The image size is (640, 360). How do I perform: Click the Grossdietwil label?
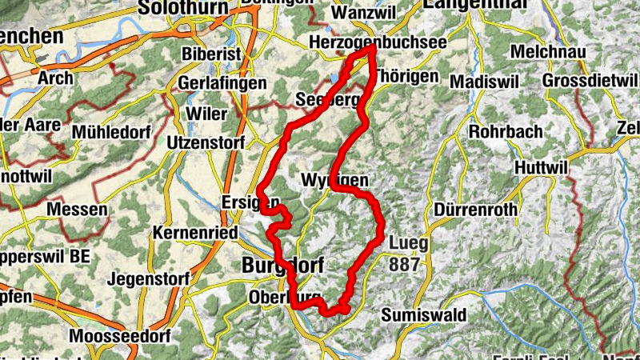(x=588, y=81)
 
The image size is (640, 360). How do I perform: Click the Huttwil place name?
(x=541, y=169)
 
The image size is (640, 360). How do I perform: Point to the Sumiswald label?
(x=421, y=314)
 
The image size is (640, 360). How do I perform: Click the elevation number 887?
(x=405, y=262)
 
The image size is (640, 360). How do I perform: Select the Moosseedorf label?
(x=116, y=336)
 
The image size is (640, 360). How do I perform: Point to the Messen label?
(x=77, y=210)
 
